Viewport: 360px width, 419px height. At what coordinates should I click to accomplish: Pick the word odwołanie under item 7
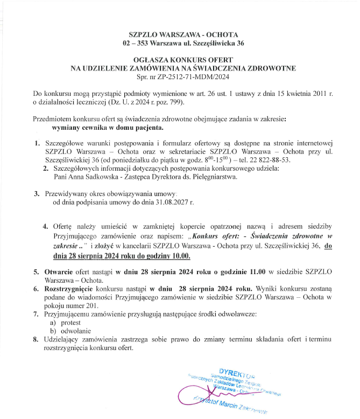[x=76, y=331]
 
